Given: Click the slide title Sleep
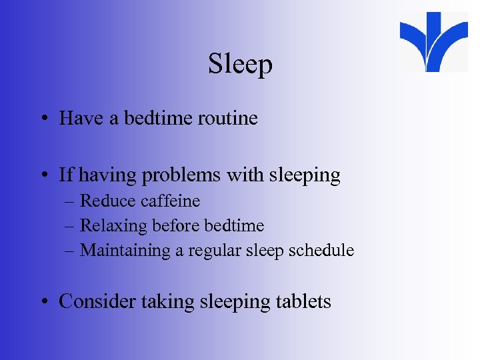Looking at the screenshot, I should click(240, 65).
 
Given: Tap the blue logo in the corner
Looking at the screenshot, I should click(433, 41).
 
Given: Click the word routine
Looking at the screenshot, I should click(227, 119).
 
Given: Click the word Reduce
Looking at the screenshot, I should click(105, 201).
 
